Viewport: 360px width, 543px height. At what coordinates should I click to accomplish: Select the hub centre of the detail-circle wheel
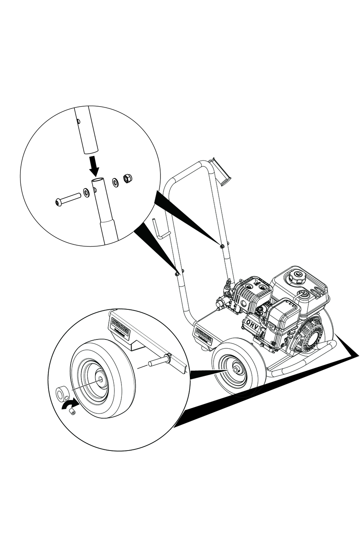(x=100, y=380)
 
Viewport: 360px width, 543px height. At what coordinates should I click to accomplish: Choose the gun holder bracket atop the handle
(x=221, y=172)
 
